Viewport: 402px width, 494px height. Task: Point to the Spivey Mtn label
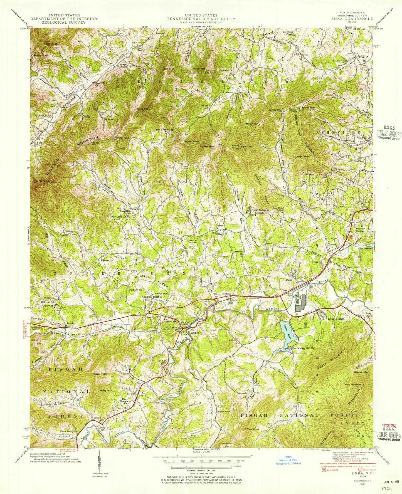click(308, 107)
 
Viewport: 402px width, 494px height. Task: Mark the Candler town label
click(195, 333)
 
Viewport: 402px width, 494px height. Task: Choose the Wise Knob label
click(253, 429)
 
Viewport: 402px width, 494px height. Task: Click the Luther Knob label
click(191, 142)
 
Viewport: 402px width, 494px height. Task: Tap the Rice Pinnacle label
click(352, 384)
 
